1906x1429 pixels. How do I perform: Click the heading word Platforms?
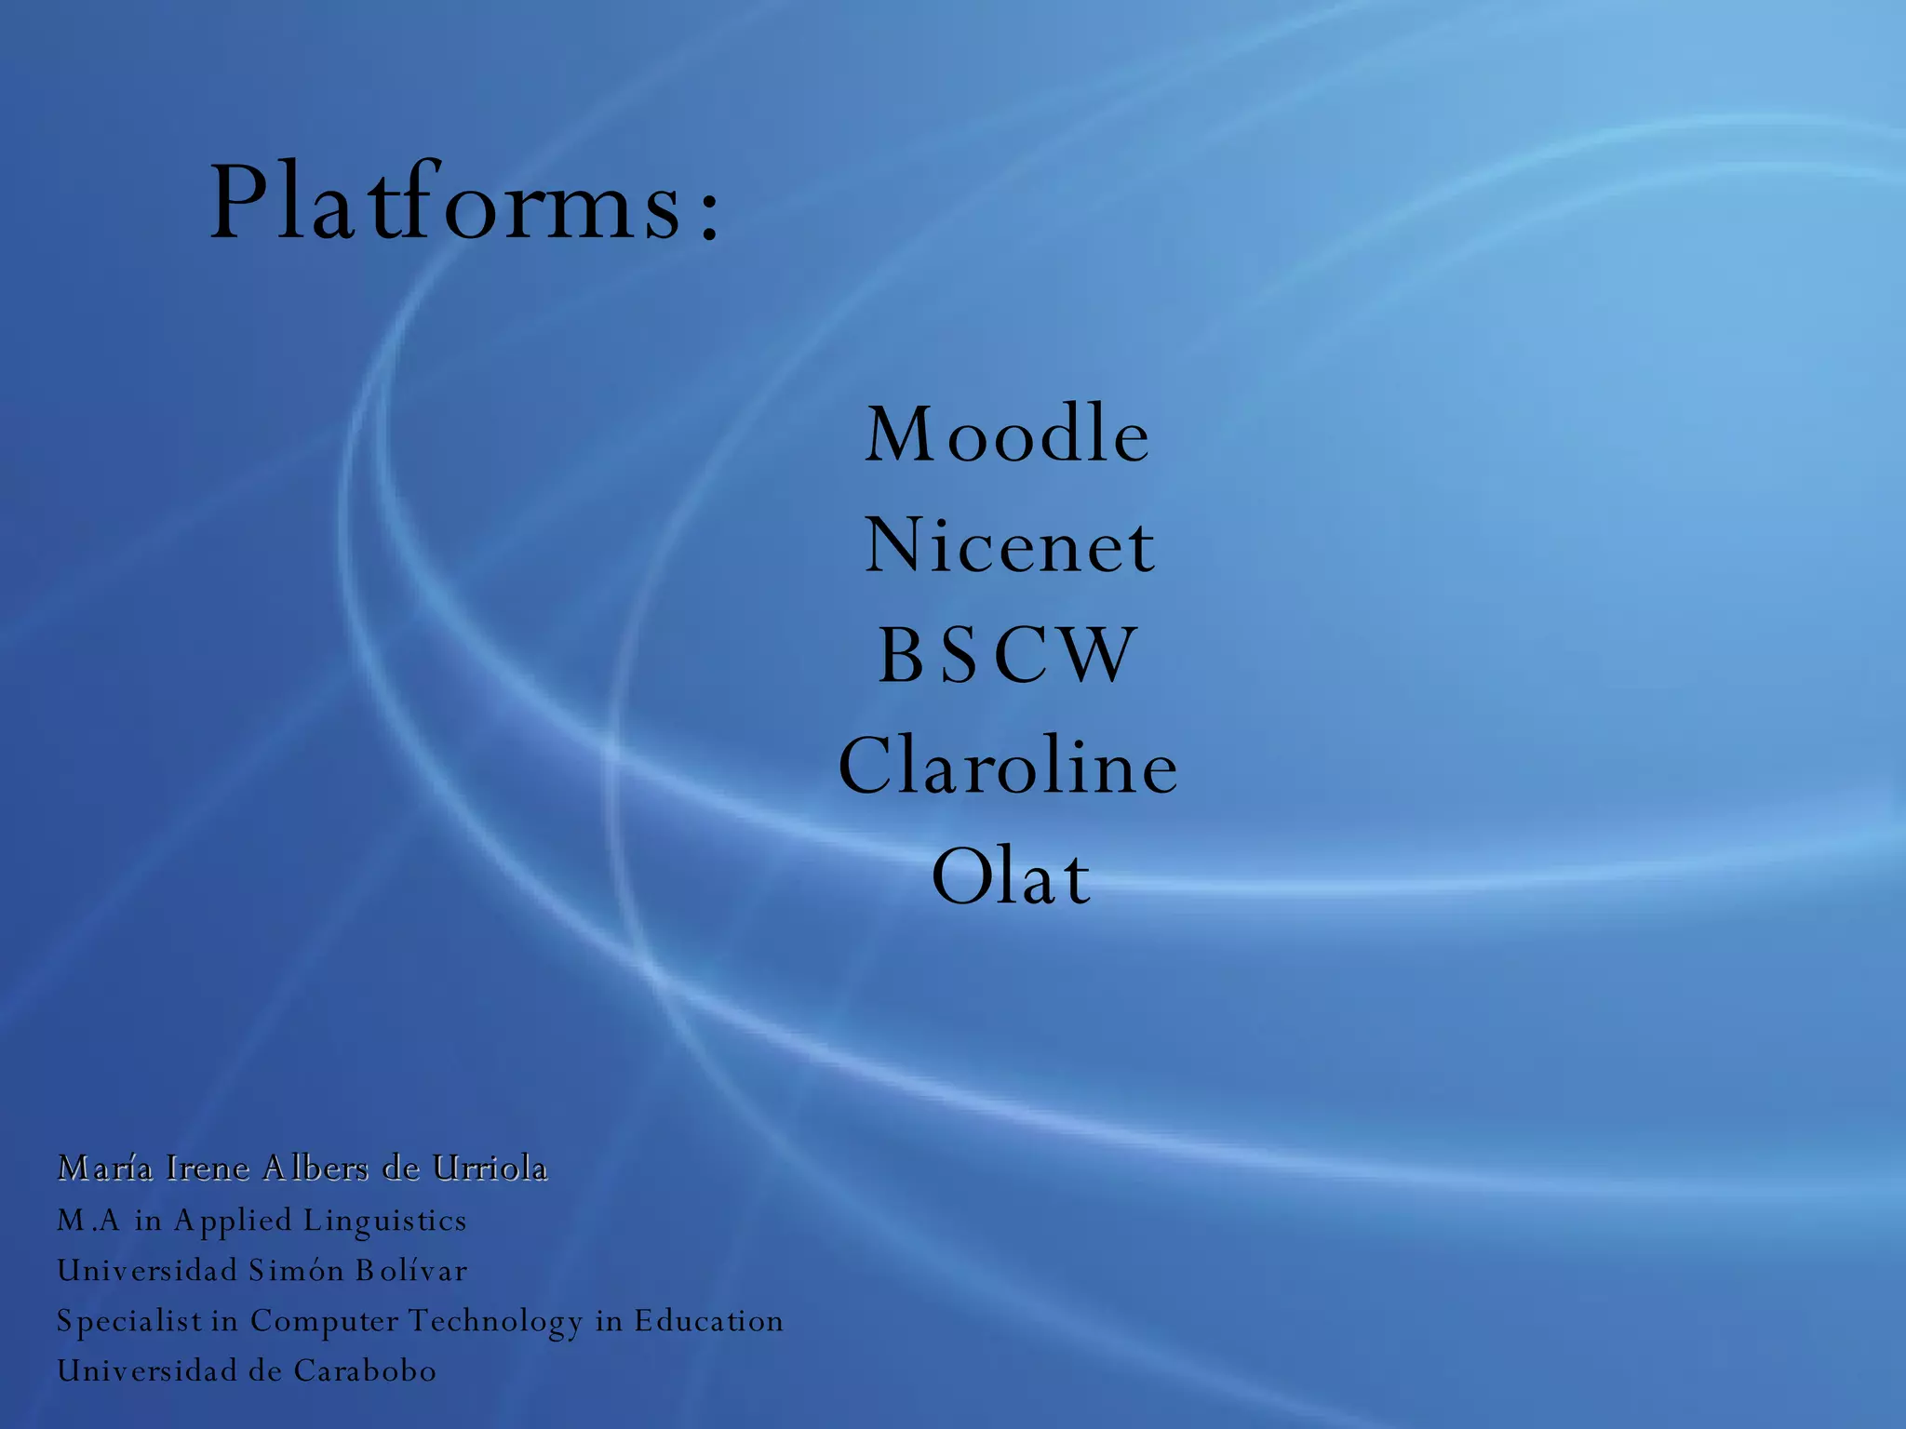[x=447, y=203]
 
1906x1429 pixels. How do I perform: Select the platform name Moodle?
[x=1008, y=434]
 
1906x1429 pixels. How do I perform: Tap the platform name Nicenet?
[x=1010, y=546]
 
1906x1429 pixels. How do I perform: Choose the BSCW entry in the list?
[x=1008, y=656]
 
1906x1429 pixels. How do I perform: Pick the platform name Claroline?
[x=1008, y=767]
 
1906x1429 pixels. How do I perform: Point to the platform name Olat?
[x=1011, y=877]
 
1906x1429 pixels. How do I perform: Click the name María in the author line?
[x=104, y=1168]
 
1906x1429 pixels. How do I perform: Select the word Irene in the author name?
[x=208, y=1168]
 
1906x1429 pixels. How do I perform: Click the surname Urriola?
[x=490, y=1168]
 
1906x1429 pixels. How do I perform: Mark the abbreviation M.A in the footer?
[x=88, y=1220]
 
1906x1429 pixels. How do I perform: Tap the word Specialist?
[x=129, y=1321]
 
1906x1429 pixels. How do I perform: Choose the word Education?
[x=708, y=1320]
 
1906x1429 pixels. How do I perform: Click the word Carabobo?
[x=365, y=1370]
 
